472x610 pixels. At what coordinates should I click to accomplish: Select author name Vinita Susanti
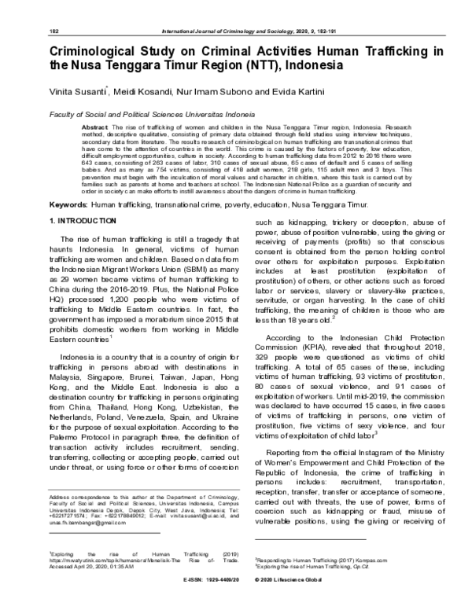coord(76,94)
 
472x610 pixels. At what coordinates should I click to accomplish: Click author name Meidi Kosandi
coord(138,94)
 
